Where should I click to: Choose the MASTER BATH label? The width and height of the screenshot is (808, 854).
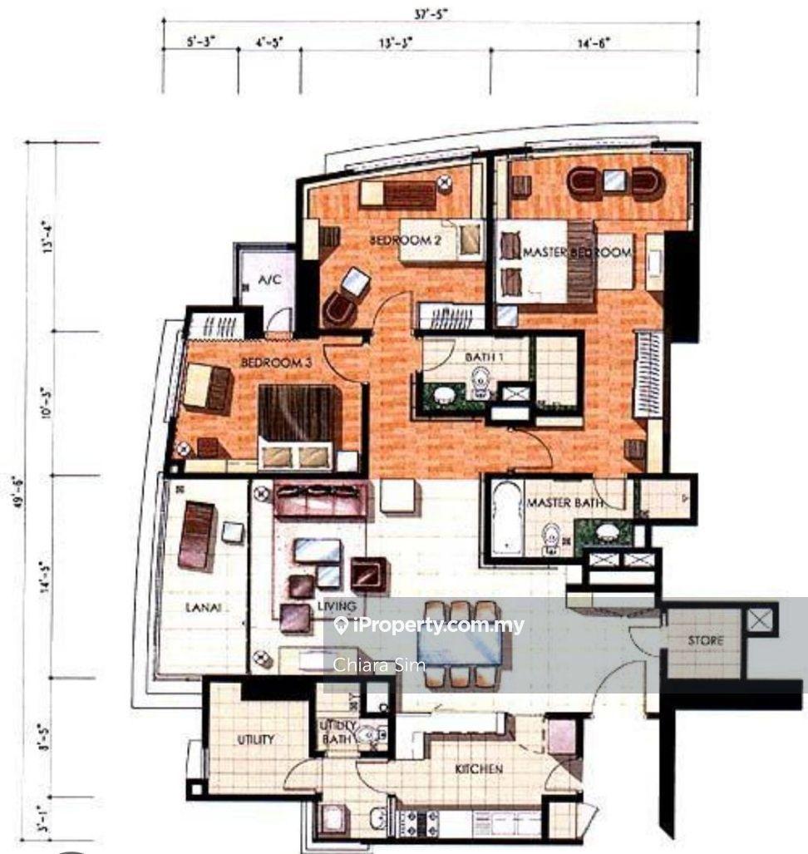pos(565,502)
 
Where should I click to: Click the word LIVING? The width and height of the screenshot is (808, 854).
pos(336,607)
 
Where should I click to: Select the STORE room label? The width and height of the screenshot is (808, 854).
pos(705,641)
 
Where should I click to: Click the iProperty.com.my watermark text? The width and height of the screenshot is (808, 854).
pos(436,625)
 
